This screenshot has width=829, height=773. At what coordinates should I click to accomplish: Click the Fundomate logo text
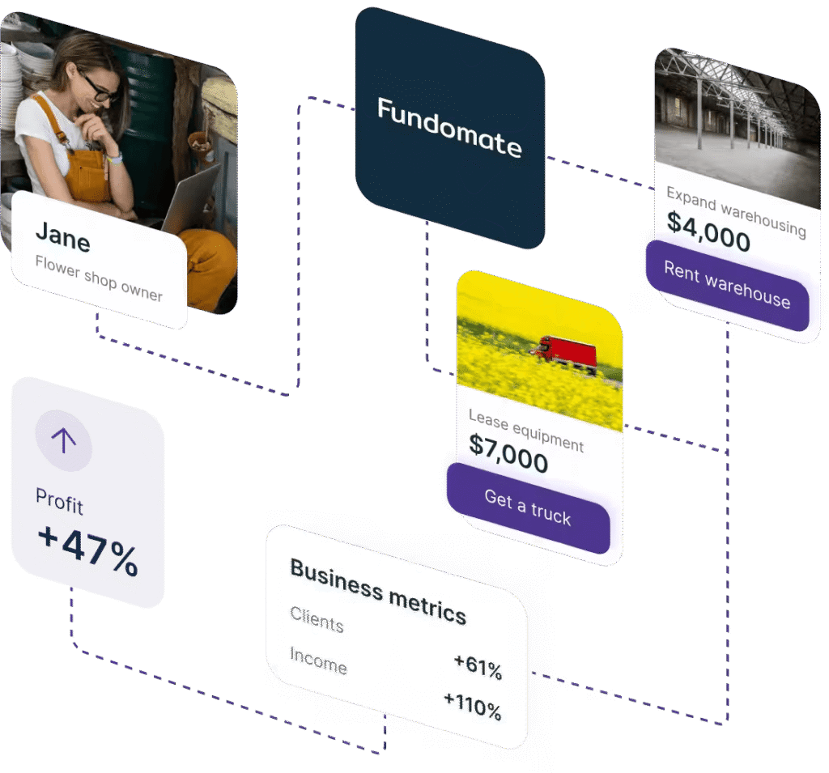click(x=449, y=128)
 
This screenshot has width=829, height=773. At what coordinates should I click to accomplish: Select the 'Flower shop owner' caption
click(x=99, y=278)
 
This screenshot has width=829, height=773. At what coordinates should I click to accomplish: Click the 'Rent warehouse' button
click(x=727, y=285)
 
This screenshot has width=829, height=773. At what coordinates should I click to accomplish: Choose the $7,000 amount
click(x=508, y=453)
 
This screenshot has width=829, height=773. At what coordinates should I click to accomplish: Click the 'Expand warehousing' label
click(x=736, y=211)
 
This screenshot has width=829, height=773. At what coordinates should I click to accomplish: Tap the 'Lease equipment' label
click(x=525, y=431)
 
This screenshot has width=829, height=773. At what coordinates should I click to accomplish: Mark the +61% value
click(x=478, y=667)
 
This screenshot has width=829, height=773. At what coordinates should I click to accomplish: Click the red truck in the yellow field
click(x=565, y=350)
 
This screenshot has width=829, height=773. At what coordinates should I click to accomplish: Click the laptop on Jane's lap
click(x=188, y=197)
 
